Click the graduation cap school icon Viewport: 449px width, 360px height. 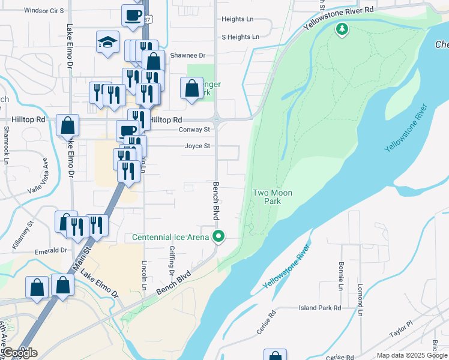pos(107,42)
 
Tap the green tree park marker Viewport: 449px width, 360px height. pos(342,28)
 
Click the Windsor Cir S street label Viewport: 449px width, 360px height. pos(43,11)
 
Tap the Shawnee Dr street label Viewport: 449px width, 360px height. pos(188,55)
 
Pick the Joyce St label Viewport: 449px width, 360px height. pos(197,146)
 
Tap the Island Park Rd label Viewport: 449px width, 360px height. pos(320,308)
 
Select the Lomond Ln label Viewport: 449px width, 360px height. pos(361,300)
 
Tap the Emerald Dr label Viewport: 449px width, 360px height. pos(50,251)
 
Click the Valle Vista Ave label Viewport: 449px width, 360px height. pos(37,176)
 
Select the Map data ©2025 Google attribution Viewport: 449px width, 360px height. pos(412,355)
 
